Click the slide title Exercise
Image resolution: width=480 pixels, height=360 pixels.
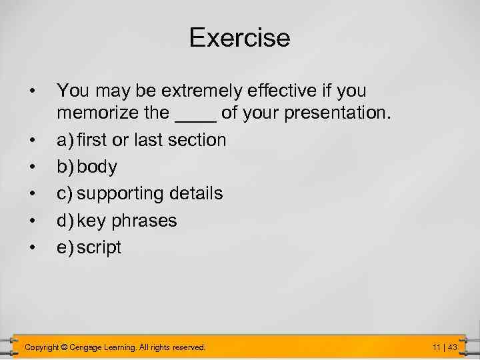click(239, 37)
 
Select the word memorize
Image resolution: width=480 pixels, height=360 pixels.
click(98, 113)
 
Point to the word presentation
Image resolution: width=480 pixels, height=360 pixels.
click(336, 113)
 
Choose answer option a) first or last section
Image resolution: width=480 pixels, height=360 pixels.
click(141, 140)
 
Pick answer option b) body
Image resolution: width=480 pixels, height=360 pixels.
click(87, 167)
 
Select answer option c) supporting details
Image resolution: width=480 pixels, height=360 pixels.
click(140, 194)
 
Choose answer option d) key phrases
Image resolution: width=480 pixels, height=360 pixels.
click(117, 221)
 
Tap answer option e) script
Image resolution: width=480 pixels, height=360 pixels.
click(89, 247)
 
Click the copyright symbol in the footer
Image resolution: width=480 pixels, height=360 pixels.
click(64, 347)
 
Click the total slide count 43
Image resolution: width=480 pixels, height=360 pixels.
click(452, 347)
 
